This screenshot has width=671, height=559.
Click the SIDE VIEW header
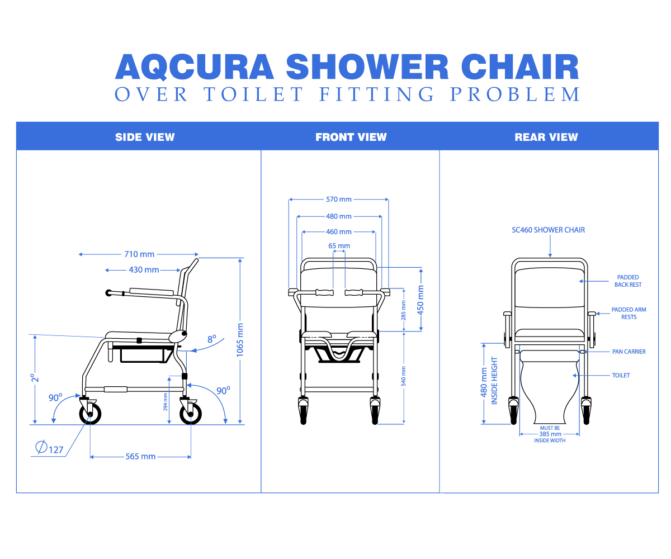coord(145,137)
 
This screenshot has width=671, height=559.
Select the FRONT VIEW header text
coord(351,137)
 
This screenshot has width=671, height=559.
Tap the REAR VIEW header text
coord(546,137)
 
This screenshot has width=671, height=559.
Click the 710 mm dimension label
coord(139,254)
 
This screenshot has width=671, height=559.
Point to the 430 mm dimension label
coord(144,269)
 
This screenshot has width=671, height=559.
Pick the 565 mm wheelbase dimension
coord(140,457)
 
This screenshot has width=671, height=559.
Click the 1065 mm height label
coord(240,340)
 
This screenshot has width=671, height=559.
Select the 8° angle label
coord(212,339)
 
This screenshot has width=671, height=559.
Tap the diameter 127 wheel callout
coord(50,448)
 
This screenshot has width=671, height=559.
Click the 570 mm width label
coord(339,199)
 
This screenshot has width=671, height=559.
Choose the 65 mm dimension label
coord(339,246)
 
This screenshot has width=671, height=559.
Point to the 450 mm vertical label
coord(420,300)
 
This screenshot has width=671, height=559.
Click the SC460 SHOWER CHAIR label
coord(548,230)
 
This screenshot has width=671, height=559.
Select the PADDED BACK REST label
coord(627,281)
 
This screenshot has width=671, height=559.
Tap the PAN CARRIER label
coord(629,352)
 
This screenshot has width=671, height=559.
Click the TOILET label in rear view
coord(621,375)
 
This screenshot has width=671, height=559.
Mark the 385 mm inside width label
coord(550,434)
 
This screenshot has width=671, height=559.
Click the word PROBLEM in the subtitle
coord(515,94)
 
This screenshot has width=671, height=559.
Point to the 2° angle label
coord(35,378)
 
